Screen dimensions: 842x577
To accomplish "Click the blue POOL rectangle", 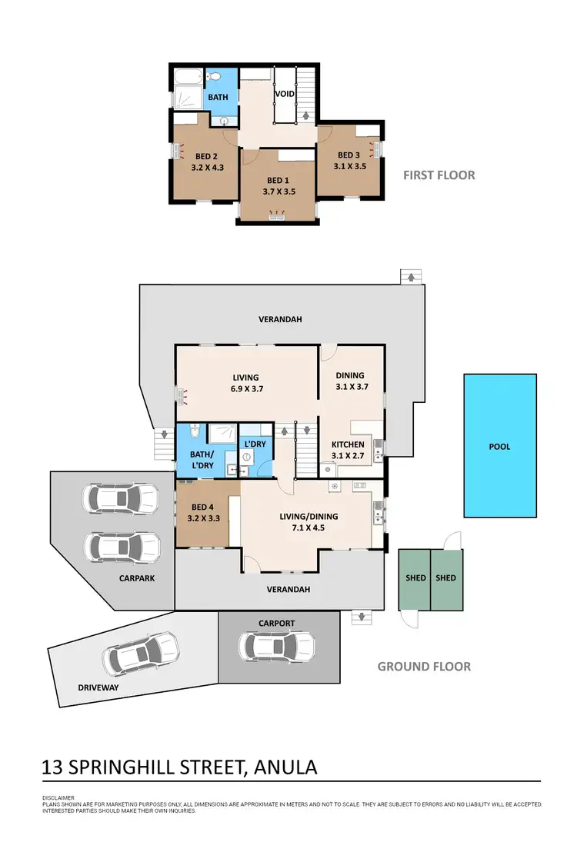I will point(500,446).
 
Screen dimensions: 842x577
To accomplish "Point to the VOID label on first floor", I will point(285,95).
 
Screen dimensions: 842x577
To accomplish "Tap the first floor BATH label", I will point(218,98).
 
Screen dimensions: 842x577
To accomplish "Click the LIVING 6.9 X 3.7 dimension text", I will point(248,389).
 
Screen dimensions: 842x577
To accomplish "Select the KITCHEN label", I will point(348,444).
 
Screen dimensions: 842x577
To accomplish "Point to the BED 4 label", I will point(203,507).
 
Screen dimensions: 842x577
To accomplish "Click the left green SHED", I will point(415,577).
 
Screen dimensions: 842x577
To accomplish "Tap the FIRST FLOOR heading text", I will point(439,175).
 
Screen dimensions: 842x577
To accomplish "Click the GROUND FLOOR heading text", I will point(424,667).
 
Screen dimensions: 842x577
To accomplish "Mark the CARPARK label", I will point(137,577).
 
